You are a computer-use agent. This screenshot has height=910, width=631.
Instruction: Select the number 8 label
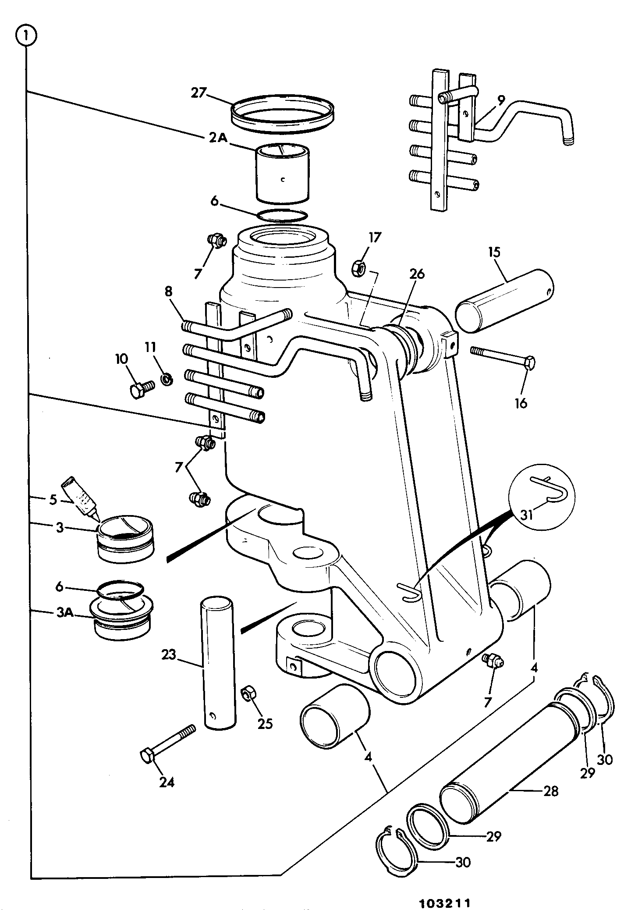click(169, 291)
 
